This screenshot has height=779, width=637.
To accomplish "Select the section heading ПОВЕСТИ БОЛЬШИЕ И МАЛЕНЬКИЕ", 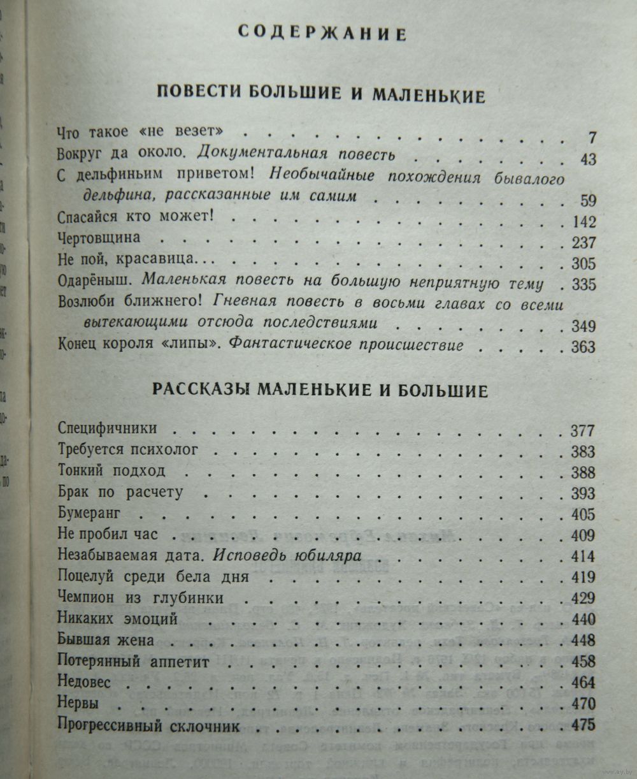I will pos(321,96).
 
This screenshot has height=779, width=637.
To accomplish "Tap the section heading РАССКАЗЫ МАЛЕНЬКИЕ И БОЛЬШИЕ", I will pos(321,390).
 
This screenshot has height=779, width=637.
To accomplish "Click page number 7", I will pos(592,138).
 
